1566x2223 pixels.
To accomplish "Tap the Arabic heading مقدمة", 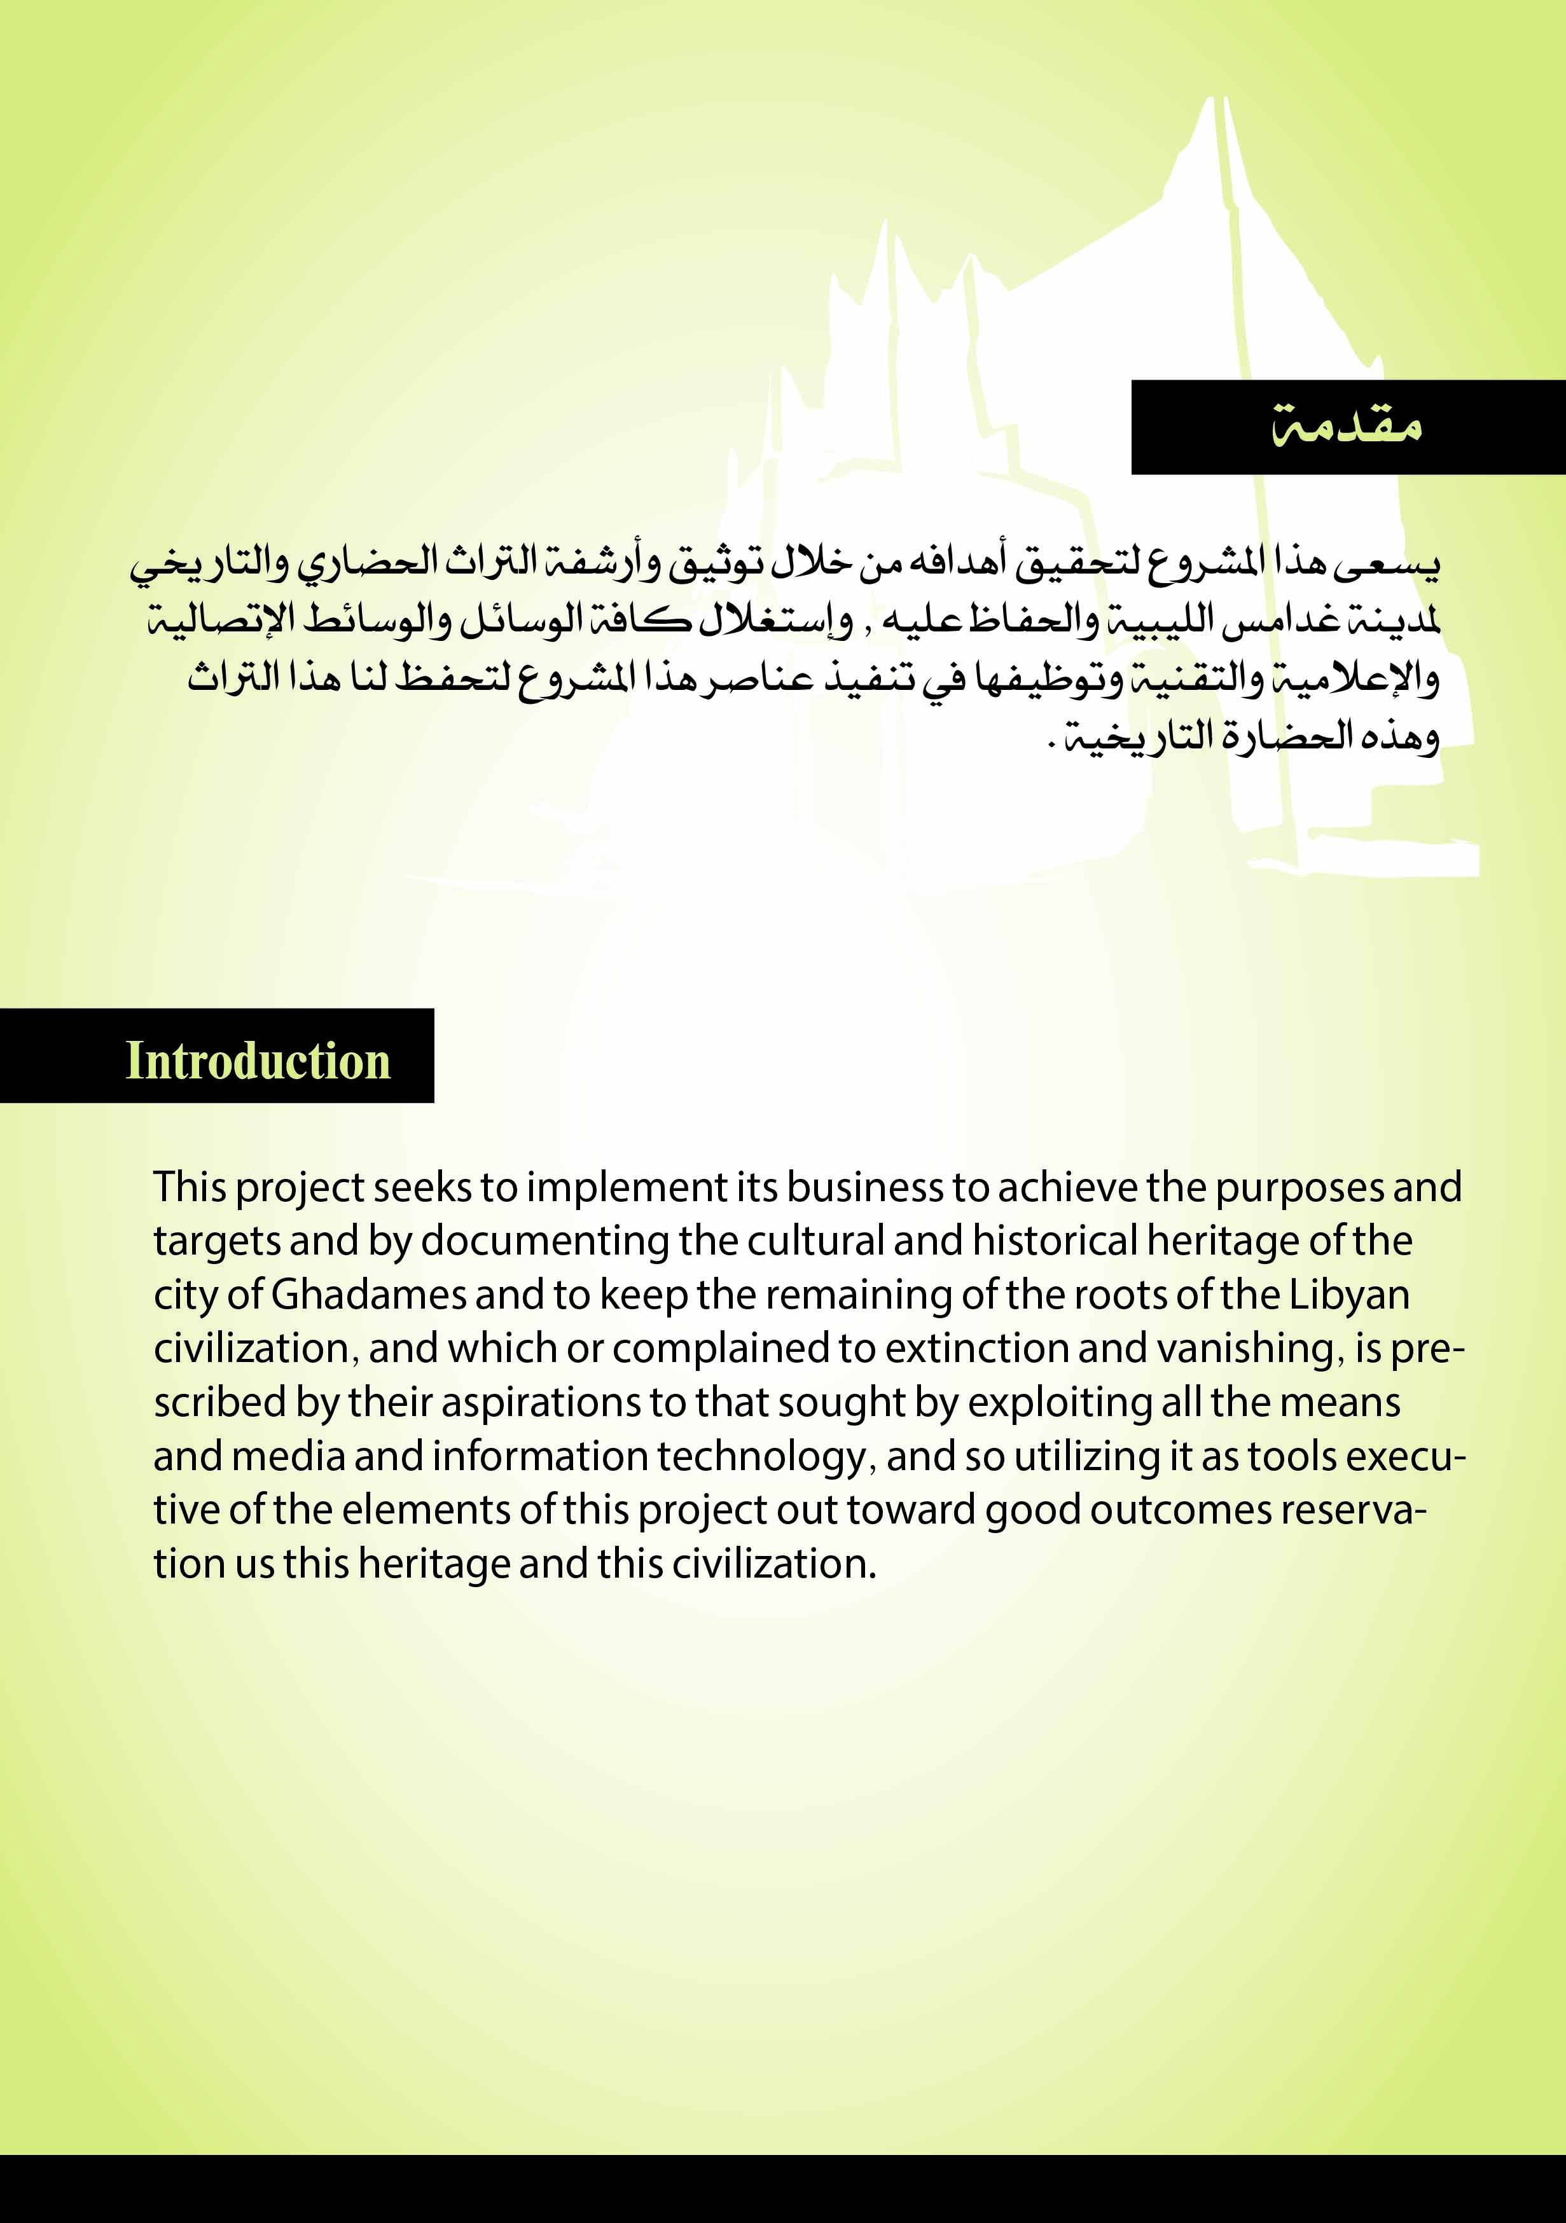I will [1346, 426].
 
